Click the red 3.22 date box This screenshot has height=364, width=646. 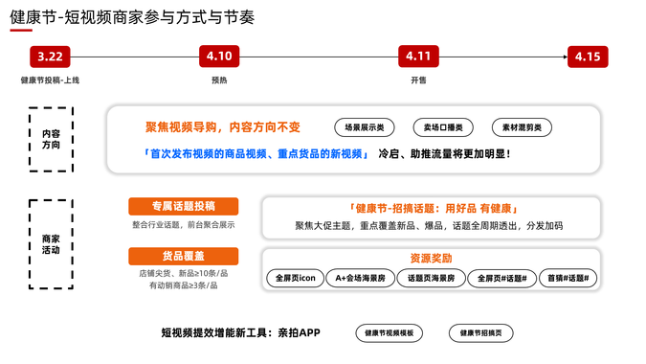point(50,57)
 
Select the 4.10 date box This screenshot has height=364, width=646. point(219,57)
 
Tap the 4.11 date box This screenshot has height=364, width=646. point(417,57)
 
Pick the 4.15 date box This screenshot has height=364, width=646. point(587,57)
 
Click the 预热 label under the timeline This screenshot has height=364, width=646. point(219,80)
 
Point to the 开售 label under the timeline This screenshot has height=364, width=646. point(418,80)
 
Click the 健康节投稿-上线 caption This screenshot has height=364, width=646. point(50,80)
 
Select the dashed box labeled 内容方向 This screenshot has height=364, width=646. point(51,140)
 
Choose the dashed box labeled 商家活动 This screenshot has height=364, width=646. point(51,243)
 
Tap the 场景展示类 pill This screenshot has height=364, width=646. point(365,127)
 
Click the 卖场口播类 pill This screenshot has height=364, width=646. point(443,127)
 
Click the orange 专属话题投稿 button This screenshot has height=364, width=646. point(183,206)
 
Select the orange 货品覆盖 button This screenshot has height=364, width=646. point(183,256)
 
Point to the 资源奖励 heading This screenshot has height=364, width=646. point(431,258)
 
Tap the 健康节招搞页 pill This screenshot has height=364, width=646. point(486,333)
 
